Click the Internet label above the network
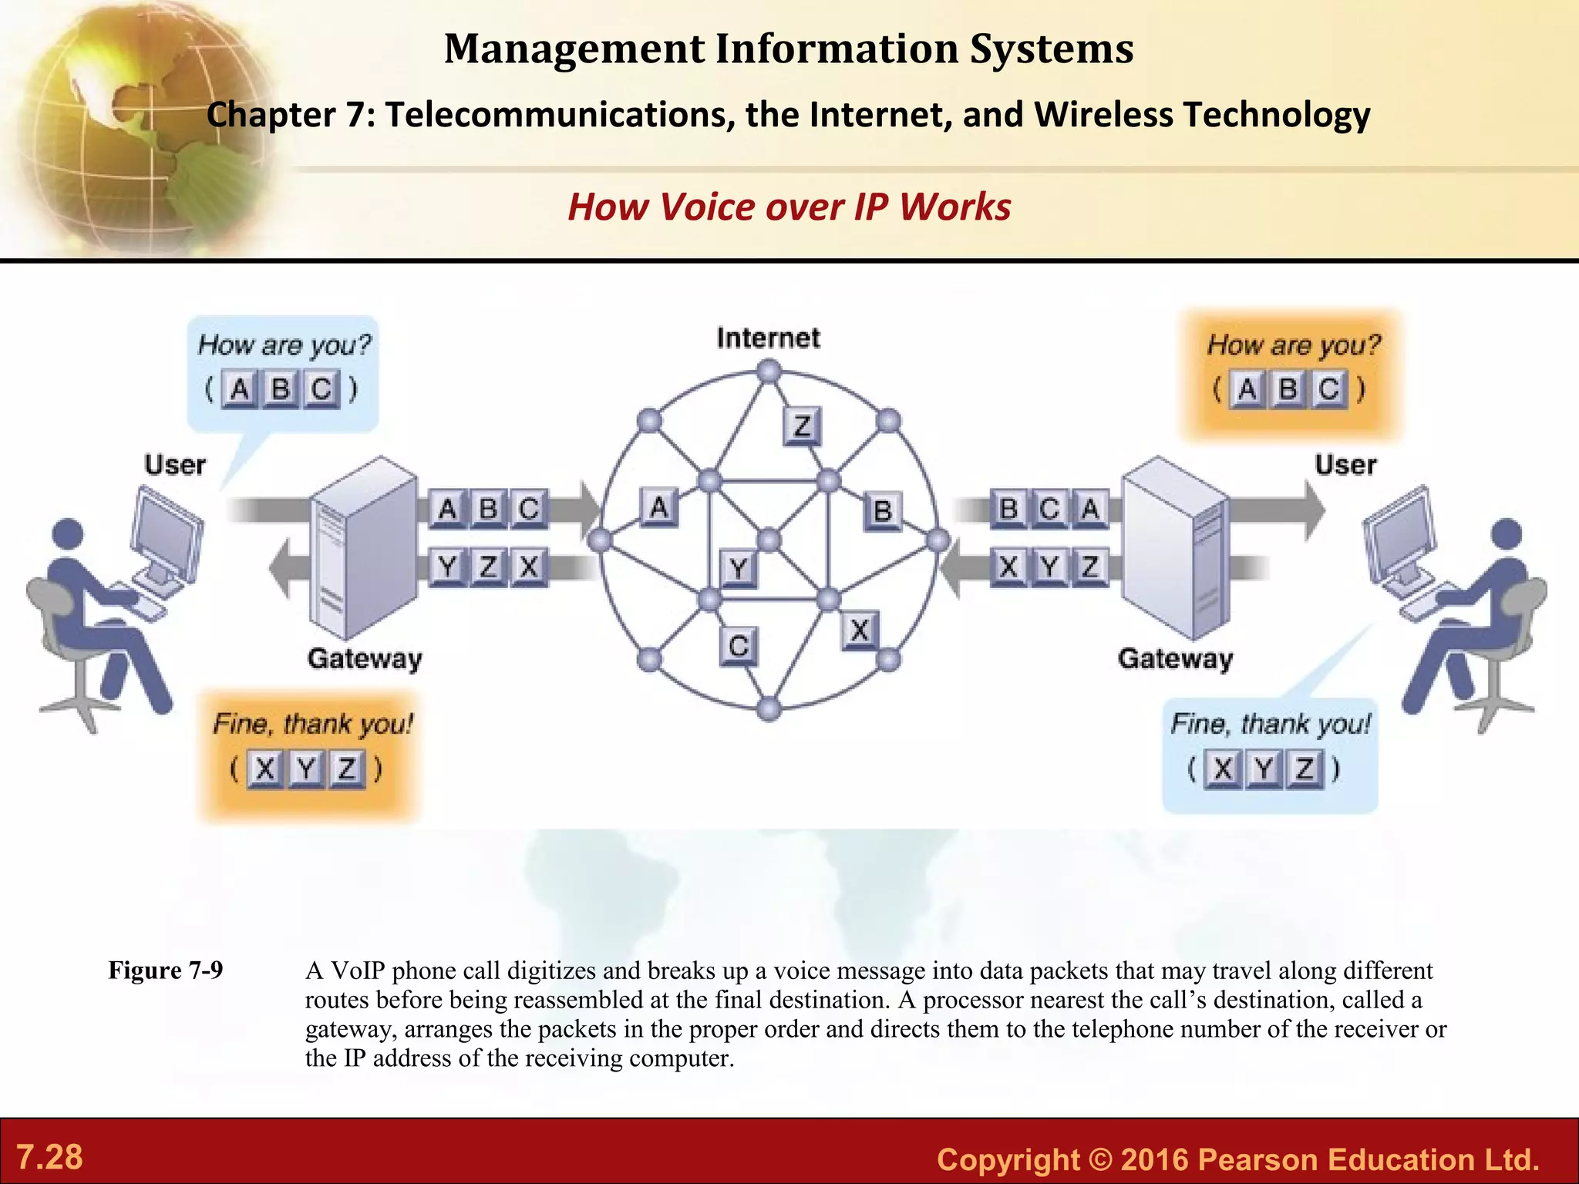tap(768, 338)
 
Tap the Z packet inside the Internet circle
tap(802, 425)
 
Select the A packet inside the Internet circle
tap(658, 508)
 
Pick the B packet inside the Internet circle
tap(882, 511)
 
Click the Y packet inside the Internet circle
tap(738, 569)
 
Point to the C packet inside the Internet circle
tap(739, 645)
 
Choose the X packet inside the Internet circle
tap(860, 631)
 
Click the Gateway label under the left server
tap(365, 659)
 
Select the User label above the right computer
tap(1345, 465)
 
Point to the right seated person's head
tap(1507, 533)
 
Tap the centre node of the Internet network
tap(769, 540)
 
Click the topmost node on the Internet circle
tap(769, 373)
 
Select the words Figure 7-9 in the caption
tap(165, 970)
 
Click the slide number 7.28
tap(49, 1157)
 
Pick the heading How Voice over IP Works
tap(789, 207)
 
